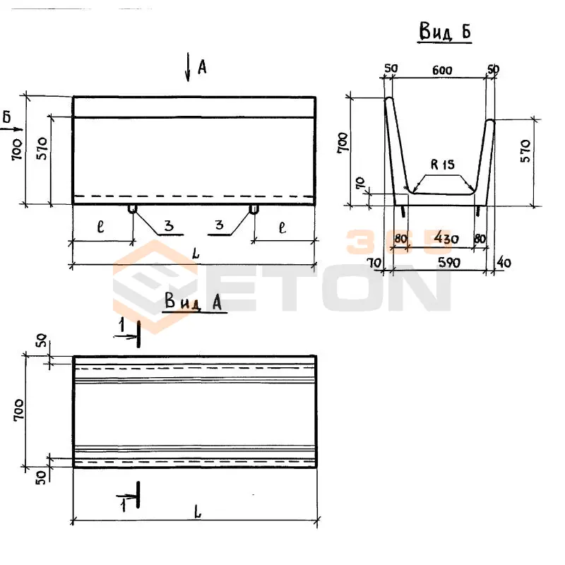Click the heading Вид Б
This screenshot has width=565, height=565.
click(x=445, y=31)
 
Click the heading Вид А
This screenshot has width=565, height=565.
click(x=194, y=302)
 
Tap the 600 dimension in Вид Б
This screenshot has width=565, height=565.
click(x=442, y=70)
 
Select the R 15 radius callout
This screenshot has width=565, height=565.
click(x=443, y=165)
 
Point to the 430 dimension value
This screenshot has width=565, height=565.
click(x=446, y=238)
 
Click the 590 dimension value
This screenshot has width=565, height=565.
click(x=449, y=262)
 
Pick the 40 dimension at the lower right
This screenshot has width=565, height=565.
click(x=504, y=262)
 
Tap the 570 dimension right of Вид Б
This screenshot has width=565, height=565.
click(x=525, y=151)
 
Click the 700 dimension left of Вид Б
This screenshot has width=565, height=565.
click(x=343, y=143)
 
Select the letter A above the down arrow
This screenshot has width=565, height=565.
click(x=202, y=67)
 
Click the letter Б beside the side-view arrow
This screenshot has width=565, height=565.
click(x=7, y=117)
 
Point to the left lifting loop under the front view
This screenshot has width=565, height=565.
click(x=133, y=209)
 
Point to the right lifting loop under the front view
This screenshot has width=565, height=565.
click(x=254, y=209)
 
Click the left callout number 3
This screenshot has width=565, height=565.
click(x=169, y=225)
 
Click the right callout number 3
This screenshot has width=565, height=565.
click(x=219, y=225)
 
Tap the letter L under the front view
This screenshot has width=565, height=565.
click(x=196, y=254)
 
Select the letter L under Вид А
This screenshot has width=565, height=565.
click(x=198, y=513)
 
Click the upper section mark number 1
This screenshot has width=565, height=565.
click(x=122, y=325)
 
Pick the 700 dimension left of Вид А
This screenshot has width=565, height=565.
click(x=19, y=410)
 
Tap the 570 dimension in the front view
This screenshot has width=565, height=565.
click(x=42, y=148)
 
